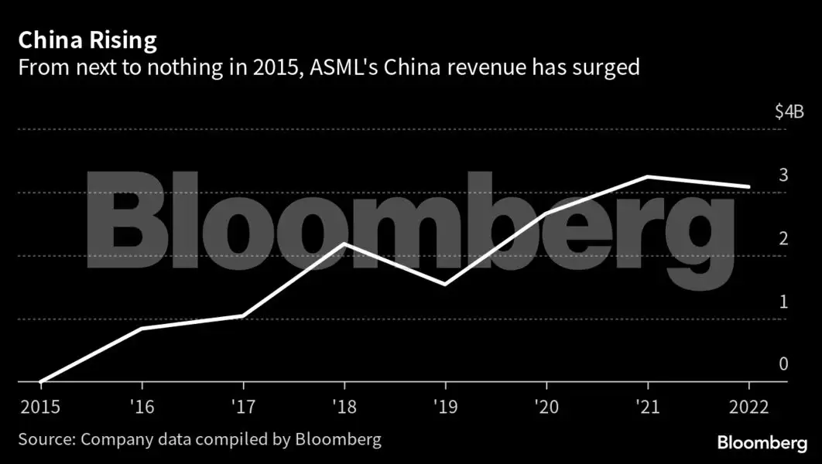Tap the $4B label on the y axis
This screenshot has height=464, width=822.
pyautogui.click(x=789, y=112)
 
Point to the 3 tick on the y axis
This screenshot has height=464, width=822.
pyautogui.click(x=783, y=175)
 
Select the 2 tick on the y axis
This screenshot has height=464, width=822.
pyautogui.click(x=783, y=238)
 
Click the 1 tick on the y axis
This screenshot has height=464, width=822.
pyautogui.click(x=783, y=302)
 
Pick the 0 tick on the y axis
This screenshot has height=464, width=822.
pyautogui.click(x=783, y=364)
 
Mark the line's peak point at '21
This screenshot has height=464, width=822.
pyautogui.click(x=648, y=177)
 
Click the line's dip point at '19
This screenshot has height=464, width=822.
pyautogui.click(x=446, y=285)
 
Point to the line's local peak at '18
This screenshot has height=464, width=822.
pyautogui.click(x=344, y=244)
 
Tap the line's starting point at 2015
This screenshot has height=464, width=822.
pyautogui.click(x=41, y=381)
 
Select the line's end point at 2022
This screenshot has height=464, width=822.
pyautogui.click(x=749, y=186)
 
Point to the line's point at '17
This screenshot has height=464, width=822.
pyautogui.click(x=244, y=316)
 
